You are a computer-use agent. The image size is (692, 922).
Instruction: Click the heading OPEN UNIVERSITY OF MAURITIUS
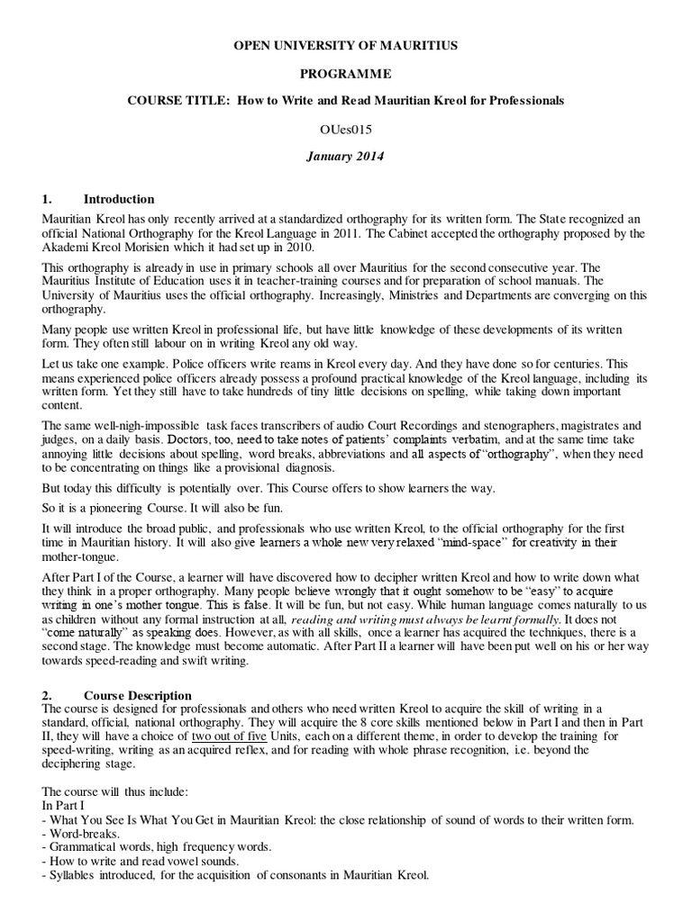point(347,45)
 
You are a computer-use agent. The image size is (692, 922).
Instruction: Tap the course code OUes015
point(347,129)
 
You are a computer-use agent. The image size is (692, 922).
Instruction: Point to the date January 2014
point(347,156)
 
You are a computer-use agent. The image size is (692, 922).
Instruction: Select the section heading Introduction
point(119,199)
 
